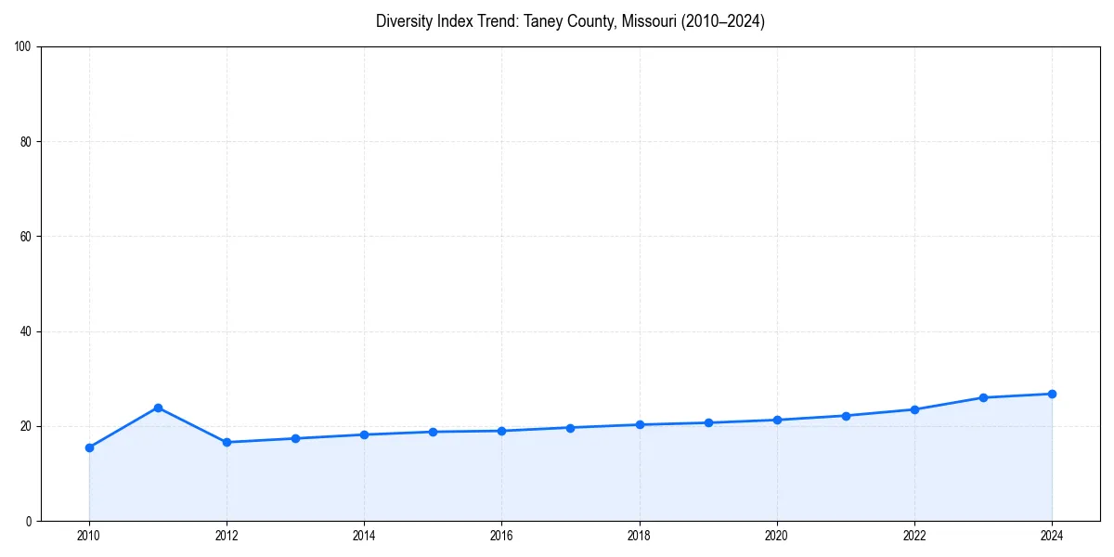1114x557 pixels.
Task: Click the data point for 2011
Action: (158, 408)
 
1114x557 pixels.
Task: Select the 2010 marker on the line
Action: (89, 447)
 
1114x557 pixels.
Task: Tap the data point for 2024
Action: (1052, 394)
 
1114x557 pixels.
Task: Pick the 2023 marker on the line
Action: (983, 397)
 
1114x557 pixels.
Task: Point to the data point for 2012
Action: (227, 442)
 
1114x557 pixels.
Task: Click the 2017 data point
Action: (570, 428)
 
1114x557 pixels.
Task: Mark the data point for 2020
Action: (777, 420)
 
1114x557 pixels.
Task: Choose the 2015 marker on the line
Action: (433, 432)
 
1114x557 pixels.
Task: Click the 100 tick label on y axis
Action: (23, 47)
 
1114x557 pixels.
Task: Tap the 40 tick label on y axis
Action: (26, 331)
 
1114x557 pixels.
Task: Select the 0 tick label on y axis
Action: (29, 521)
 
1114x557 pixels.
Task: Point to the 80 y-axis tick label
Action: (26, 142)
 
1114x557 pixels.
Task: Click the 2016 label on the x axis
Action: (501, 536)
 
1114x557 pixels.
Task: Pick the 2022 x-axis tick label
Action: (914, 536)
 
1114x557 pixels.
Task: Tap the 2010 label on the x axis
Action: (89, 536)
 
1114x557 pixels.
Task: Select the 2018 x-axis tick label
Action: (639, 536)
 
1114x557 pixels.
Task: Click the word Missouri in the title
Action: (650, 21)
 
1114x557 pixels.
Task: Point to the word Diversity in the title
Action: (404, 21)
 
